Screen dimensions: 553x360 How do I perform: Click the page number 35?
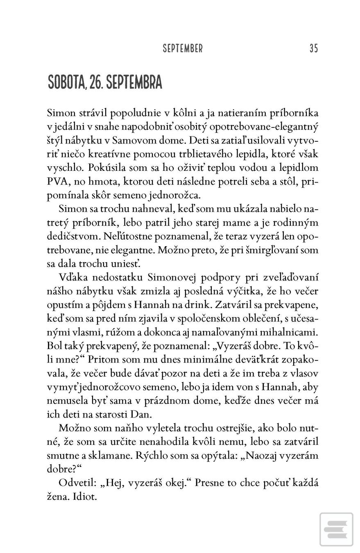pos(313,48)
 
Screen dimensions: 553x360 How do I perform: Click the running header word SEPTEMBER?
pos(182,49)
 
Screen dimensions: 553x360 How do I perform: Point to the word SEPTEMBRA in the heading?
pos(134,82)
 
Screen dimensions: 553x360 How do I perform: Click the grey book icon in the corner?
pos(336,529)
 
